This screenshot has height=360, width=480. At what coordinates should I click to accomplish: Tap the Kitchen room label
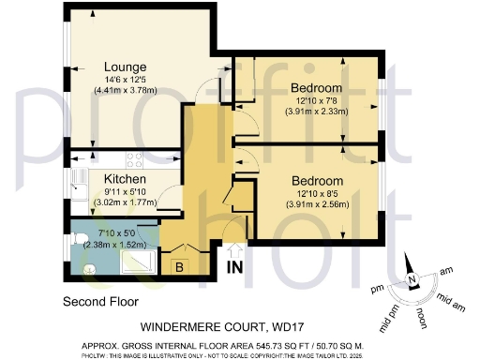(124, 178)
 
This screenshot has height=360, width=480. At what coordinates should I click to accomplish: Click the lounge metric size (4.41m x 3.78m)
(125, 91)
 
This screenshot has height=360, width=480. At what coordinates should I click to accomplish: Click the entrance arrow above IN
(234, 251)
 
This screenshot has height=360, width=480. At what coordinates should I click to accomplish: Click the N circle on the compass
(411, 281)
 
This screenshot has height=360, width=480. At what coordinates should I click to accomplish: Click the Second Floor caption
(99, 303)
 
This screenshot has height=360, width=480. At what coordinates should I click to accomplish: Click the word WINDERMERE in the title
(188, 328)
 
